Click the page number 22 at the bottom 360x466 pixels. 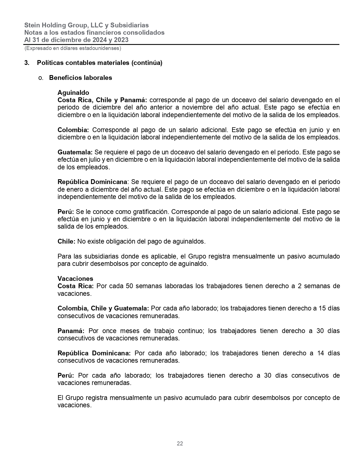pyautogui.click(x=180, y=443)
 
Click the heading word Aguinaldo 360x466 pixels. pyautogui.click(x=73, y=93)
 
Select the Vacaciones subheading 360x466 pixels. pyautogui.click(x=75, y=279)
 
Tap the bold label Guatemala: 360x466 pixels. pyautogui.click(x=75, y=152)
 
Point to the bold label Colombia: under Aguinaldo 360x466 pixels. pyautogui.click(x=73, y=130)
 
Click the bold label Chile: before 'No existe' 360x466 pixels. pyautogui.click(x=67, y=241)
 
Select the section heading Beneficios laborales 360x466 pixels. pyautogui.click(x=80, y=78)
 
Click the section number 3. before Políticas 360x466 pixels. pyautogui.click(x=27, y=63)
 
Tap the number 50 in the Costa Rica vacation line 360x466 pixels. pyautogui.click(x=129, y=286)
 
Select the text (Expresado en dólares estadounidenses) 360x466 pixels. pyautogui.click(x=73, y=48)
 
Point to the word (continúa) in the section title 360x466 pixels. pyautogui.click(x=147, y=63)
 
